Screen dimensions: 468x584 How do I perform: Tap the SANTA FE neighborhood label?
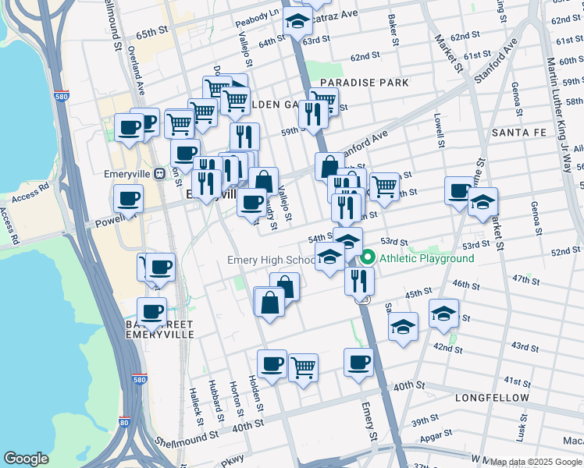point(522,133)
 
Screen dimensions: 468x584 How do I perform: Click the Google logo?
point(26,459)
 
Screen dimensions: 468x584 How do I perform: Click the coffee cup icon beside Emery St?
point(358,362)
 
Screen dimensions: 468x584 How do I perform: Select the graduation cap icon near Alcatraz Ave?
point(297,22)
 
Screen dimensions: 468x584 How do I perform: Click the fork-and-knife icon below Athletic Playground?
point(359,279)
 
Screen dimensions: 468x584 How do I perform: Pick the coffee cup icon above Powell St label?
point(129,198)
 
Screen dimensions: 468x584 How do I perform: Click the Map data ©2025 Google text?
point(536,462)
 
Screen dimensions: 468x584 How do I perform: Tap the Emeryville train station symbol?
point(159,174)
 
